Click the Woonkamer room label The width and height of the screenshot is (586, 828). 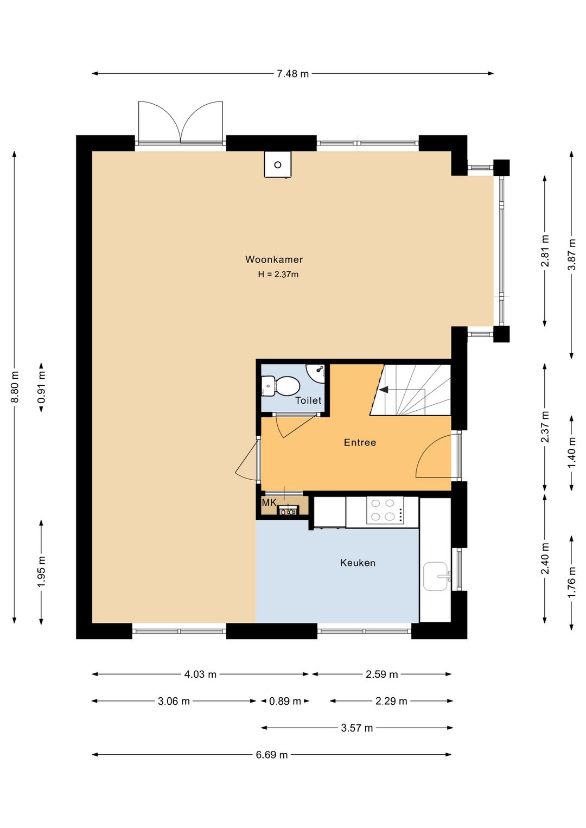(274, 259)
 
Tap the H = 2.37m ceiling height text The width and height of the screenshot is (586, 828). (278, 275)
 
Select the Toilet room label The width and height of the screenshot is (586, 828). (308, 400)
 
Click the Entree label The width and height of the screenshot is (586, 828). (360, 442)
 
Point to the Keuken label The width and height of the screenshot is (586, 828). (358, 563)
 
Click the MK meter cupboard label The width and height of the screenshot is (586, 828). (269, 502)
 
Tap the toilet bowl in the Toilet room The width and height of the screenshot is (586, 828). (280, 386)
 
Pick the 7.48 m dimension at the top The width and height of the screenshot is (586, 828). (293, 74)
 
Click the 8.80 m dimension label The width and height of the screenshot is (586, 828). (15, 387)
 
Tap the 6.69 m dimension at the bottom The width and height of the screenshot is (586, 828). (272, 755)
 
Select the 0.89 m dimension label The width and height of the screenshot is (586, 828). (285, 701)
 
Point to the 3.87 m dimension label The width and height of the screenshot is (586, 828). (572, 254)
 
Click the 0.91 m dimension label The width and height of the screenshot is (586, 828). (41, 387)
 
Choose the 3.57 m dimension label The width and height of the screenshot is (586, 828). (357, 728)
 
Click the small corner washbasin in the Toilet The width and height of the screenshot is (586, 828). (317, 372)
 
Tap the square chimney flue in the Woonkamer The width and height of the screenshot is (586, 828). (278, 164)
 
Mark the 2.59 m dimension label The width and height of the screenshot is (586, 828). (382, 674)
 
